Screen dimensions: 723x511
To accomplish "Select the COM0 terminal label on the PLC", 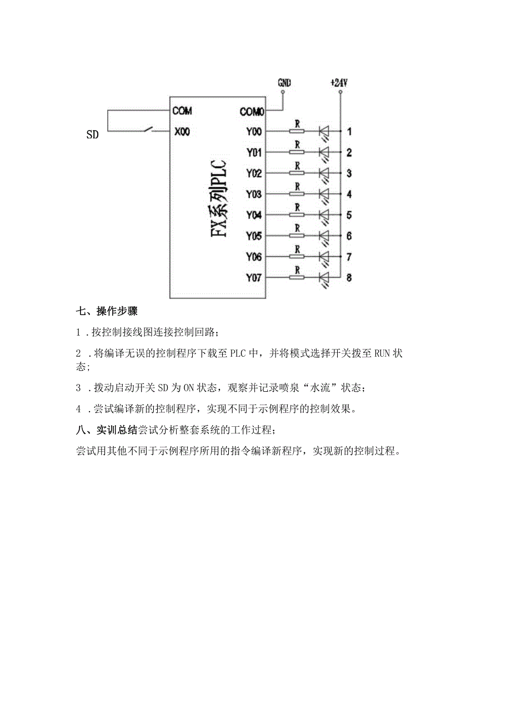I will (252, 112).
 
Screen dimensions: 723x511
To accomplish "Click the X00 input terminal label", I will (181, 132).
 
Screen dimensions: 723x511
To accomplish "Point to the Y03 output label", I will (254, 195).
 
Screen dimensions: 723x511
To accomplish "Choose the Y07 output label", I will (254, 278).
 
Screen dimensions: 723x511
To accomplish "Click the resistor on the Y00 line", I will (297, 132).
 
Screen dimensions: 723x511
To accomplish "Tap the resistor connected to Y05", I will (297, 236).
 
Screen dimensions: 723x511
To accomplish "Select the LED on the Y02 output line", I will (324, 173).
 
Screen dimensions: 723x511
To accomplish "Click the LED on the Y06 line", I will (324, 257).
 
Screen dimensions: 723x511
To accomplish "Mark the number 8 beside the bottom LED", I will (349, 278).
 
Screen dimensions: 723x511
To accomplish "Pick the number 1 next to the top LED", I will (349, 132).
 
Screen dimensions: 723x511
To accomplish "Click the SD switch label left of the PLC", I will (92, 134).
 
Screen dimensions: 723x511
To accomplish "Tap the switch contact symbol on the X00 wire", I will (148, 130).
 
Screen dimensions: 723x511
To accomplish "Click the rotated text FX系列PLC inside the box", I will (219, 198).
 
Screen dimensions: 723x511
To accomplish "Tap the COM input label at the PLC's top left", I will (182, 111).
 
